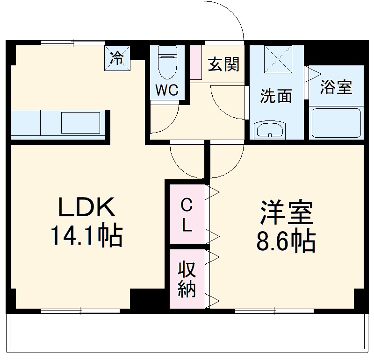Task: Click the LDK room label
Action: coord(86,208)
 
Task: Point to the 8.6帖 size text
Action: coord(286,241)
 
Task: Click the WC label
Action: coord(167,90)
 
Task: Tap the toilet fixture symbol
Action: coord(167,63)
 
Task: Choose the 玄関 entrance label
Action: coord(223,64)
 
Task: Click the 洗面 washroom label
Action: coord(276,96)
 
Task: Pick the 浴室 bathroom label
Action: coord(336,87)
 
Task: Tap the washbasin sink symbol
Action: coord(270,130)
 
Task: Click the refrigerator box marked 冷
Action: coord(117,58)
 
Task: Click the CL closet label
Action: coord(187,215)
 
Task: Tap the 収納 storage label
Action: coord(187,279)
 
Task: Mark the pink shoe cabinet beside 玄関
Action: coord(196,63)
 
